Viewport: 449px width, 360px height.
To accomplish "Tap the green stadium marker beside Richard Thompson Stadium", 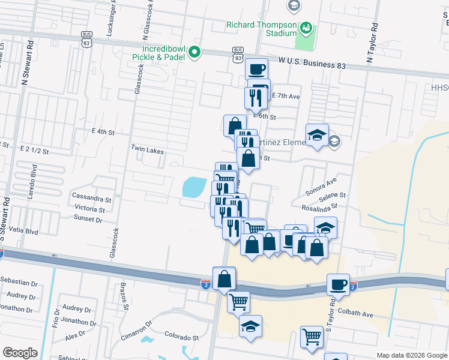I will click(306, 27).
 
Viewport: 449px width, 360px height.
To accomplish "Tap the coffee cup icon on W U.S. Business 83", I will click(257, 69).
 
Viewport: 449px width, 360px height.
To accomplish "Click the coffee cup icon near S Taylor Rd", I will click(338, 284).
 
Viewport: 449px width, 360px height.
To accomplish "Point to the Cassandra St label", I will click(92, 197).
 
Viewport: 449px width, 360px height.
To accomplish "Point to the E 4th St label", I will click(103, 131).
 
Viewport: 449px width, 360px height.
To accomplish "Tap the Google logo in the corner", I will click(20, 353).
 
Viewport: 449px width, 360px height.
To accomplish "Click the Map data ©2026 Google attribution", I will click(411, 355).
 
